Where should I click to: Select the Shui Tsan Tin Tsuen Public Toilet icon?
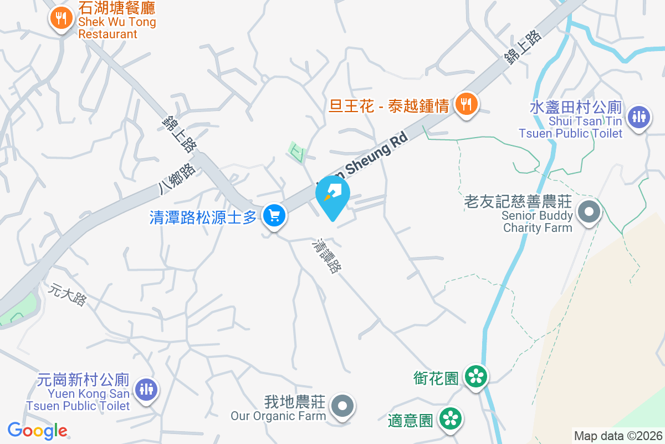coord(639,117)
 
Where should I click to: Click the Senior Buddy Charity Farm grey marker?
coord(589,211)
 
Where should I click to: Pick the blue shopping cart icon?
coord(274,215)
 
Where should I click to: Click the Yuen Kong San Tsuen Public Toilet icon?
coord(146,389)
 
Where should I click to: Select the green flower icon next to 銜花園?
coord(475,377)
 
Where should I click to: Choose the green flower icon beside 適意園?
coord(450,419)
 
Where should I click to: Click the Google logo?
coord(38,431)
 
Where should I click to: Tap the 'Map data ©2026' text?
coord(618,436)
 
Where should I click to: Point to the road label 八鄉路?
coord(177,178)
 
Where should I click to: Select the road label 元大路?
coord(68,295)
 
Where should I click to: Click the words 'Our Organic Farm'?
coord(278,416)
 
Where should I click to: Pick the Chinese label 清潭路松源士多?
coord(203,217)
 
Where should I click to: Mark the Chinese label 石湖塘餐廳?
coord(117,8)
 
